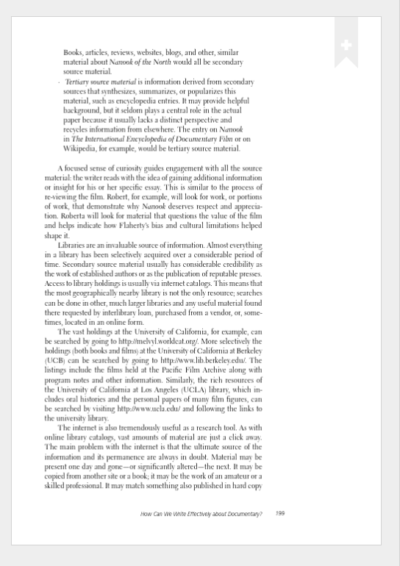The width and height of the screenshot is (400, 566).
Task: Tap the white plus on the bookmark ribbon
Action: tap(346, 46)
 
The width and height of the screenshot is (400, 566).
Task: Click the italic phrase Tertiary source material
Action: tap(101, 82)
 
